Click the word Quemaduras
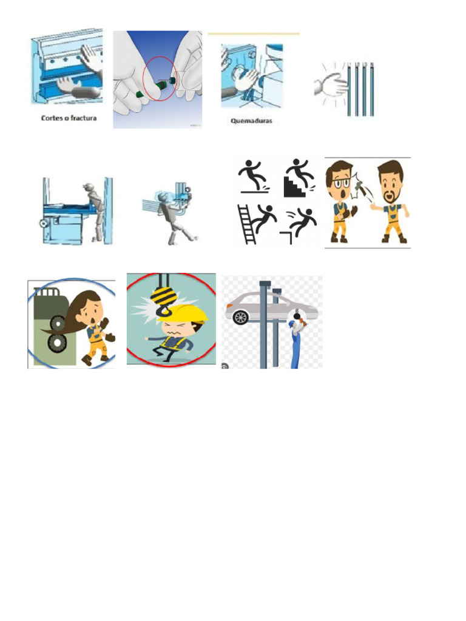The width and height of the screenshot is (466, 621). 251,120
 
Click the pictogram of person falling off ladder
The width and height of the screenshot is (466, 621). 255,223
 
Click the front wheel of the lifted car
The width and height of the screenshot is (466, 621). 241,317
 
